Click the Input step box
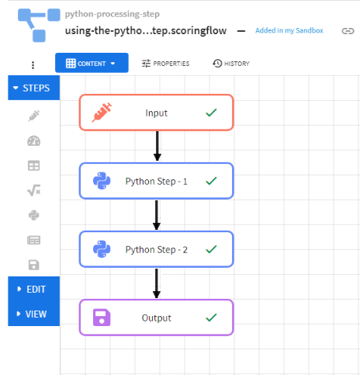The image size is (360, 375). (157, 113)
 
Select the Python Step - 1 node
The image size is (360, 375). (157, 181)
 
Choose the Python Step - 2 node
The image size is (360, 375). (157, 249)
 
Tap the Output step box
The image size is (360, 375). (157, 318)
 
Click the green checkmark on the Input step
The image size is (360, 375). (211, 113)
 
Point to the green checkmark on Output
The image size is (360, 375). (211, 318)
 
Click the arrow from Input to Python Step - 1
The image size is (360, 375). (157, 146)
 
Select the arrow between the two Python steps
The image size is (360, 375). (157, 215)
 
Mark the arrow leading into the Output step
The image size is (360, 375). (157, 283)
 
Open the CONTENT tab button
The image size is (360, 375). (92, 63)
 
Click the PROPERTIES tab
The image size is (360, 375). (165, 64)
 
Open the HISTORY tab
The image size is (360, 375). (231, 64)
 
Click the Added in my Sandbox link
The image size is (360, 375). (289, 30)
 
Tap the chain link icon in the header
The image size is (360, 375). (348, 31)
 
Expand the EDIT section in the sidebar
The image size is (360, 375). (34, 289)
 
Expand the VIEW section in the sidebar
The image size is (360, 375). (34, 314)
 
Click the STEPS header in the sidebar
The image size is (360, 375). (34, 88)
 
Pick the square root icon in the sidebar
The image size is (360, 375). (34, 190)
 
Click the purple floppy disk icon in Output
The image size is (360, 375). (102, 318)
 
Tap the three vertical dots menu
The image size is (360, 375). (33, 65)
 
